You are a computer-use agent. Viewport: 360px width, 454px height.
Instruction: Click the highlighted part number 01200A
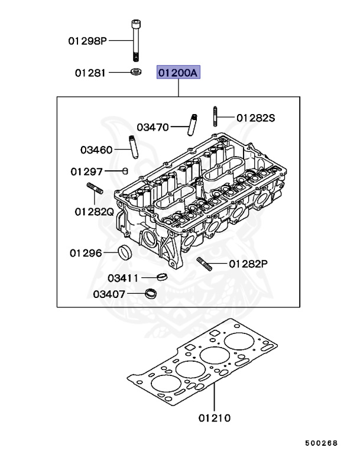click(179, 73)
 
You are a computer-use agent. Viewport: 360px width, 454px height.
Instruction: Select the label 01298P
click(87, 41)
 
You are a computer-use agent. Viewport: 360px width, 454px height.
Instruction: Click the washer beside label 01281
click(135, 72)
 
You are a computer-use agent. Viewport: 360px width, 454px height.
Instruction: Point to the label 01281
click(90, 73)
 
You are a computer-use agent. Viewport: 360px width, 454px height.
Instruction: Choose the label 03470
click(153, 127)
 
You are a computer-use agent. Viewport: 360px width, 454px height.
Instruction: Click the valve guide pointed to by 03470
click(192, 124)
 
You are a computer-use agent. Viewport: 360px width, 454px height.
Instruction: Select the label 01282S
click(256, 118)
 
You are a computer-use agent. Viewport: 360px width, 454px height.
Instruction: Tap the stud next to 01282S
click(215, 116)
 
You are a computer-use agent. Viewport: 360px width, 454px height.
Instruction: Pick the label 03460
click(96, 150)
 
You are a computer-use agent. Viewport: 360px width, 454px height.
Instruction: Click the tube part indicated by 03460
click(134, 147)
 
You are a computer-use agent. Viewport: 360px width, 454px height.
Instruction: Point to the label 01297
click(87, 171)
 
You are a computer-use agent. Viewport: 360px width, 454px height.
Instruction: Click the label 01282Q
click(94, 211)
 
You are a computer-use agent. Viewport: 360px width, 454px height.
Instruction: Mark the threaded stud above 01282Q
click(96, 190)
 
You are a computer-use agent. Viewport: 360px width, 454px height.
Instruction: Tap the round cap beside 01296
click(124, 252)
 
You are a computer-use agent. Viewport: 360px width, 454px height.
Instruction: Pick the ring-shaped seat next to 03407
click(152, 293)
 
